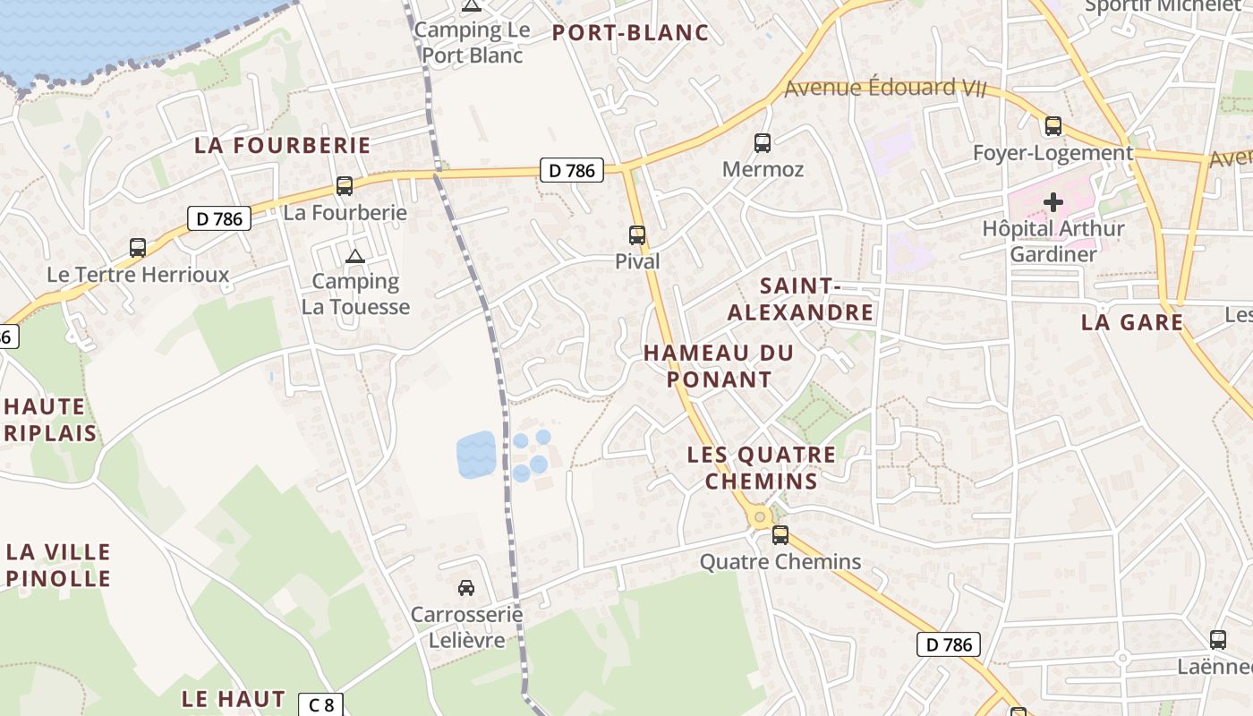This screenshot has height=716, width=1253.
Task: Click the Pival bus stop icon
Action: tap(636, 235)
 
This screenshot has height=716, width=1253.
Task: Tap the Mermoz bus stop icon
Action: tap(763, 142)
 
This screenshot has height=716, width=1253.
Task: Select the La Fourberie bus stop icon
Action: tap(345, 186)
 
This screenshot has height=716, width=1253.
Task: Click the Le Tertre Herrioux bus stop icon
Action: tap(138, 248)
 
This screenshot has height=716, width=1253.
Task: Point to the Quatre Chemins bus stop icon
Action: tap(780, 535)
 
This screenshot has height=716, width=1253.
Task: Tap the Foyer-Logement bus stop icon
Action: tap(1053, 126)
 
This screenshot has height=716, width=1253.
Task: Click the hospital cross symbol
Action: tap(1053, 201)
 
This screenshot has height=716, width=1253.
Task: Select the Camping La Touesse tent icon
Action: tap(355, 257)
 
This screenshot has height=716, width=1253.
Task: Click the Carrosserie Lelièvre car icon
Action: tap(466, 588)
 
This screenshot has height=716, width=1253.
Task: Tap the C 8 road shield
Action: tap(320, 704)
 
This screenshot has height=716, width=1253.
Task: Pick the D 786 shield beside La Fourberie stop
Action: tap(219, 217)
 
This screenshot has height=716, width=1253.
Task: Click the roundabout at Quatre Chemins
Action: tap(760, 516)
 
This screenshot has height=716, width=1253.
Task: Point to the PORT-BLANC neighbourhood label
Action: tap(630, 33)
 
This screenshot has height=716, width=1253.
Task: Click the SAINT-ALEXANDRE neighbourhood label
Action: tap(800, 299)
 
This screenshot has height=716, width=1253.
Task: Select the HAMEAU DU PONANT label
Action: tap(719, 365)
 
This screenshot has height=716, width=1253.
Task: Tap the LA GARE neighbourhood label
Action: tap(1132, 322)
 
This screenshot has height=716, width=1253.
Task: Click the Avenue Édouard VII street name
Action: tap(884, 88)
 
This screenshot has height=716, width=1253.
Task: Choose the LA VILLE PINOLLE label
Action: tap(58, 565)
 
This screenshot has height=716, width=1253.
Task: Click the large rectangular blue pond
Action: tap(476, 454)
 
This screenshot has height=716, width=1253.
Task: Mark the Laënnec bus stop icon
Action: tap(1218, 640)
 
